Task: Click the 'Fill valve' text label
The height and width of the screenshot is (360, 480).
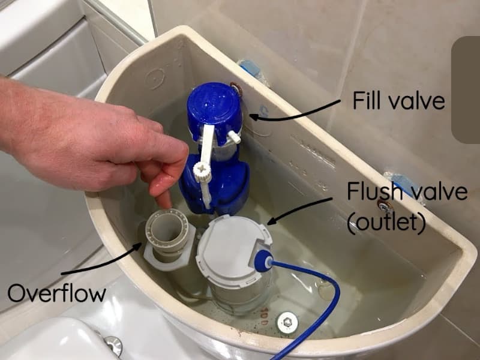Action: [x=399, y=100]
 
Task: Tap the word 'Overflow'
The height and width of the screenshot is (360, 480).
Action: [x=56, y=293]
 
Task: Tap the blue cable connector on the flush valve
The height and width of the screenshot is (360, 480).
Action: [x=263, y=262]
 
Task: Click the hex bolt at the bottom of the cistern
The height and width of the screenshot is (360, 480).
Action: [x=287, y=322]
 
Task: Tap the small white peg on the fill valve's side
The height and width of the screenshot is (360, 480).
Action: [x=234, y=137]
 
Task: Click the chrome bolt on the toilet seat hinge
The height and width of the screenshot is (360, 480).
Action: [x=113, y=346]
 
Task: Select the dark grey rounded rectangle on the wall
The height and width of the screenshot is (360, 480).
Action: [x=466, y=90]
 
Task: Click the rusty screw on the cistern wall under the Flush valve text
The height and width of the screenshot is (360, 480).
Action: [x=383, y=205]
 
